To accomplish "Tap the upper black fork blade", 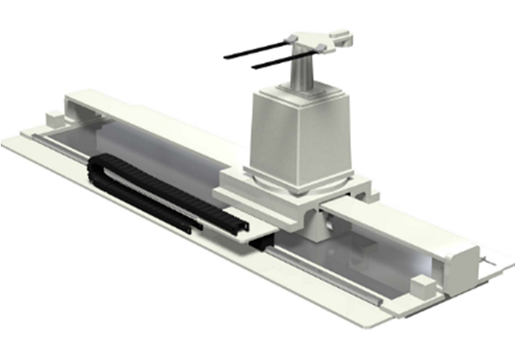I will click(x=258, y=49).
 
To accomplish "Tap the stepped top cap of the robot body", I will click(x=300, y=92).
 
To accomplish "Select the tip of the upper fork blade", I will click(x=227, y=56).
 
